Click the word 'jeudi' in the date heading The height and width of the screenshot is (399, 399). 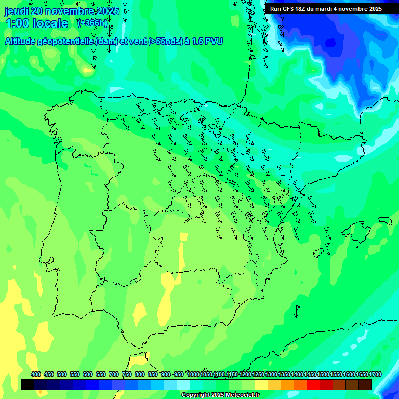click(x=17, y=11)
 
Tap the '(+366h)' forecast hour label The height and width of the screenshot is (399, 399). click(x=92, y=23)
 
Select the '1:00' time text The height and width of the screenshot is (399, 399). click(x=17, y=23)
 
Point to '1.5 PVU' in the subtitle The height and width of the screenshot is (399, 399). click(x=207, y=42)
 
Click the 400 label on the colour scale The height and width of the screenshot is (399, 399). click(x=36, y=374)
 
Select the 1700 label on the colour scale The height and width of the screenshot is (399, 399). click(x=375, y=374)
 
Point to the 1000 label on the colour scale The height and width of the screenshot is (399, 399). click(x=193, y=374)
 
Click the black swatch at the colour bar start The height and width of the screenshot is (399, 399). click(x=28, y=384)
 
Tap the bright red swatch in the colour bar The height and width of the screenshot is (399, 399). click(x=313, y=384)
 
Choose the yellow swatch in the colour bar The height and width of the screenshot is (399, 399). click(x=261, y=384)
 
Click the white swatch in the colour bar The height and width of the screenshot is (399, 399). click(x=183, y=384)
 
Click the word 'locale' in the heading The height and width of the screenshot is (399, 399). click(x=50, y=23)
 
